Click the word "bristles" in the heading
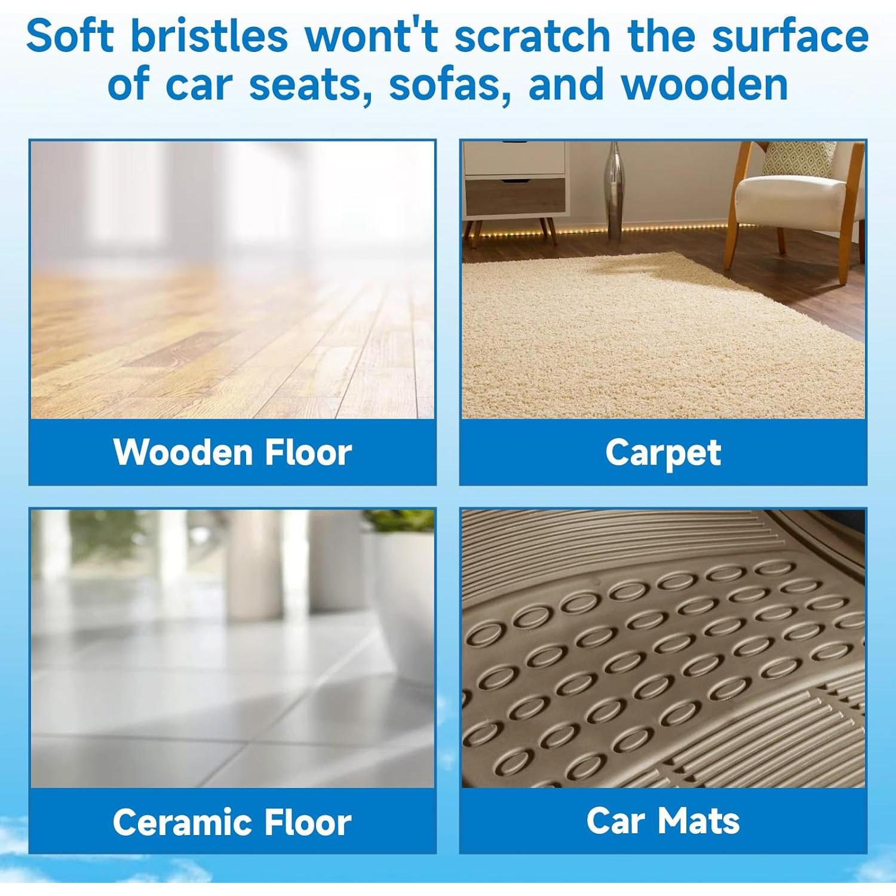[x=209, y=36]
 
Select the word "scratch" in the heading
[x=532, y=36]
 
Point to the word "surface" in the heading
[x=790, y=36]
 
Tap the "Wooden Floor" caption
[x=232, y=452]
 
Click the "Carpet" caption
[x=663, y=453]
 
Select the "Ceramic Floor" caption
[x=232, y=822]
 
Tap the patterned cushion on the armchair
[x=800, y=158]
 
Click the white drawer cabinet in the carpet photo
[x=514, y=179]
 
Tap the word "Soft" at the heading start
[x=70, y=36]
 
